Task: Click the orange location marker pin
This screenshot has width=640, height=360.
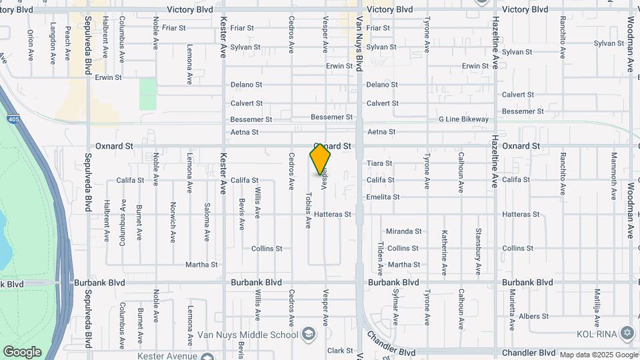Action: coord(321,159)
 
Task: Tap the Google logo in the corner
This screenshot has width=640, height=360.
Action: coord(22,352)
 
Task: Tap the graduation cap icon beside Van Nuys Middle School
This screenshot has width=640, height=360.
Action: coord(308,333)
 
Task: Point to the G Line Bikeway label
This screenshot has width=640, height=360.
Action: coord(463,119)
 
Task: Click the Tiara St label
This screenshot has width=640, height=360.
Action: coord(379,163)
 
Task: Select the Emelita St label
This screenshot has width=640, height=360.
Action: coord(383,197)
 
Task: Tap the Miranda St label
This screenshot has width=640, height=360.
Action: coord(403,231)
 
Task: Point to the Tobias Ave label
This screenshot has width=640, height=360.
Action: coord(309,210)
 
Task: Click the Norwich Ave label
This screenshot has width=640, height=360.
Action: coord(173,222)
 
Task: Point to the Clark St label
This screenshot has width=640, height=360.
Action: coord(339,351)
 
